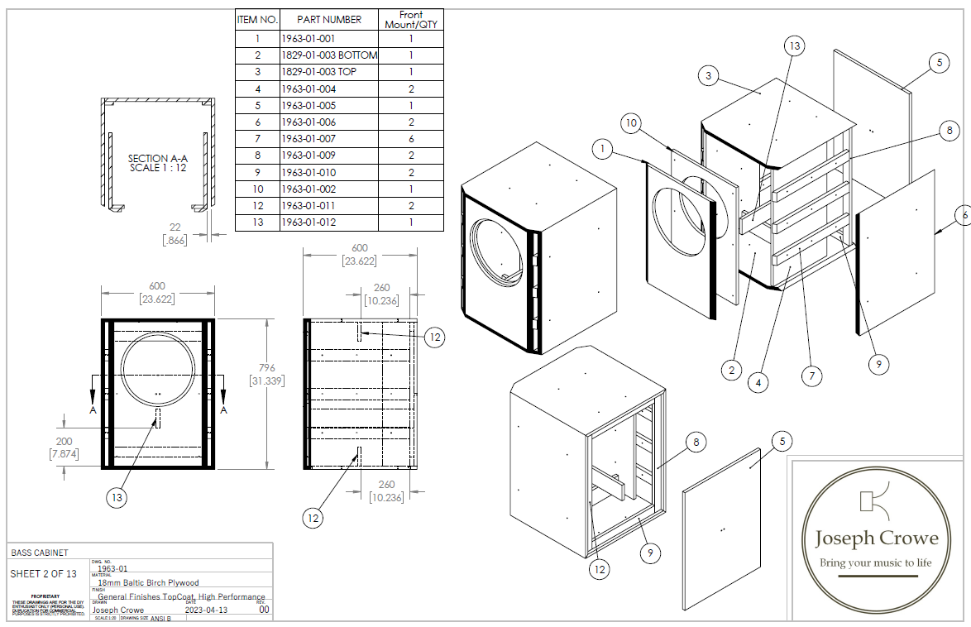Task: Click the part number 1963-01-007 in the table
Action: [x=309, y=139]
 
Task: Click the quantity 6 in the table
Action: [x=411, y=139]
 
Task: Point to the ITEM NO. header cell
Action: [x=257, y=19]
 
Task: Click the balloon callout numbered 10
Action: [x=630, y=124]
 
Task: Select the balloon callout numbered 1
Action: [x=605, y=150]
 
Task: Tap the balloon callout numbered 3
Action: [x=707, y=76]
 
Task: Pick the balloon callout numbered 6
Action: [x=964, y=215]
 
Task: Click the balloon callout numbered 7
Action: [x=812, y=376]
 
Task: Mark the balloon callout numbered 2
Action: [x=730, y=370]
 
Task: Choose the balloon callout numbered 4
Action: [x=758, y=382]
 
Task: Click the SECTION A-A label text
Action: [x=158, y=163]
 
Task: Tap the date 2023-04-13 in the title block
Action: [x=207, y=610]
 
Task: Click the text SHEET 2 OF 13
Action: [x=43, y=573]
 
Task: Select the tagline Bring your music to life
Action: [x=875, y=562]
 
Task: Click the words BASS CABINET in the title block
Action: [x=40, y=553]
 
